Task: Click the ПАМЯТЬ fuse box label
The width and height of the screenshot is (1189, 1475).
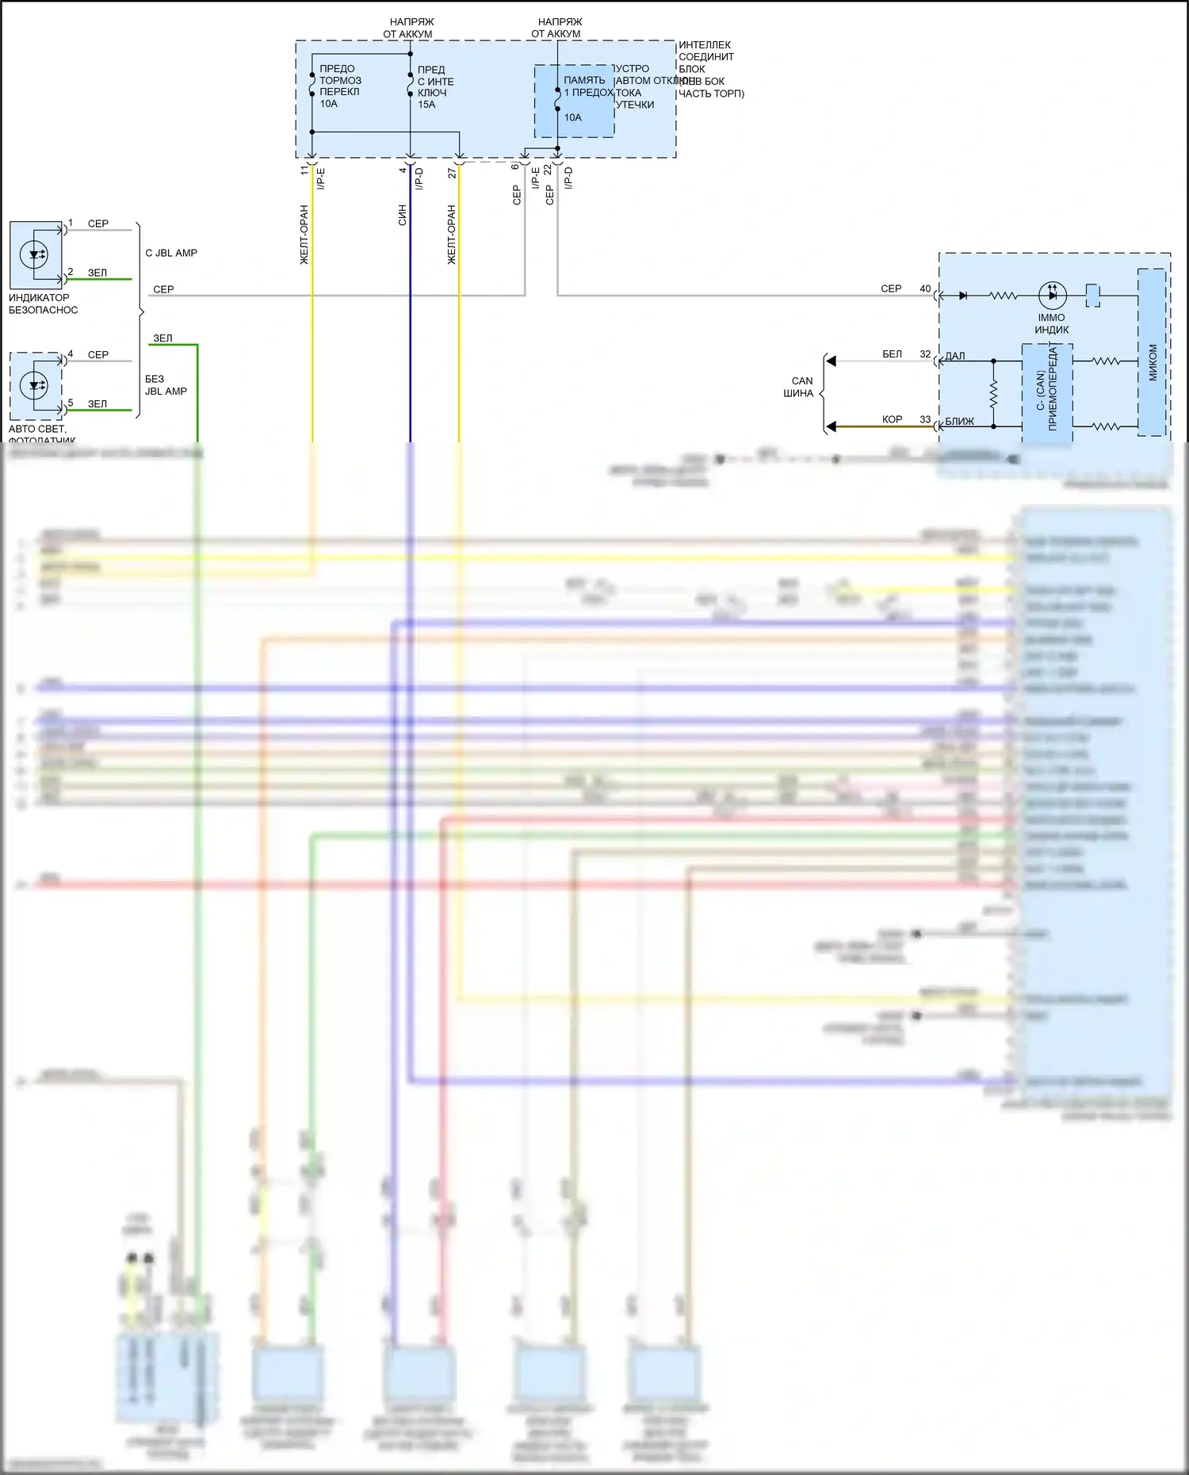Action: click(x=584, y=80)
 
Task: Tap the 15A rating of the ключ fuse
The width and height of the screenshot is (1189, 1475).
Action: click(x=426, y=105)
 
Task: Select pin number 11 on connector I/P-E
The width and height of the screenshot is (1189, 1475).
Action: click(x=304, y=170)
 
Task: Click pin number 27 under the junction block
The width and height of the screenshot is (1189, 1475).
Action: click(x=452, y=172)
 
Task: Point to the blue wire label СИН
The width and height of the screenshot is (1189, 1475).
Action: click(x=403, y=216)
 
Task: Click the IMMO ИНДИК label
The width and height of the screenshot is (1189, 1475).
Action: click(x=1052, y=323)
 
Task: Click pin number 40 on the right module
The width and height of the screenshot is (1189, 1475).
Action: click(x=925, y=289)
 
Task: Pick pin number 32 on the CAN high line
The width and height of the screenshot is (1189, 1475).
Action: click(x=925, y=354)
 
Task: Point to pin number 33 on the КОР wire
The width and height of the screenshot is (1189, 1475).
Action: click(x=925, y=419)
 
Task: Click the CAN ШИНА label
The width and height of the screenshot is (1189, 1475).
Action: click(x=800, y=387)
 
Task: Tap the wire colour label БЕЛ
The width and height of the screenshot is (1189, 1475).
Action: click(x=892, y=354)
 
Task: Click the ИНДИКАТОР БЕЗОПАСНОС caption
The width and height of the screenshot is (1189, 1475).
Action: click(x=44, y=304)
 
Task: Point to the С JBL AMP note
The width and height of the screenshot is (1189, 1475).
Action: click(x=171, y=253)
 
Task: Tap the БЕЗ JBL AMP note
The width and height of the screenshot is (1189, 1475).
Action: click(x=166, y=385)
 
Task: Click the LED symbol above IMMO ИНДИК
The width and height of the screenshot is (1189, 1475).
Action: click(x=1052, y=295)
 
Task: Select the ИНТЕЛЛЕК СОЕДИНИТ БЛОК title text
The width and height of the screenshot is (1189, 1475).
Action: click(x=705, y=57)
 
